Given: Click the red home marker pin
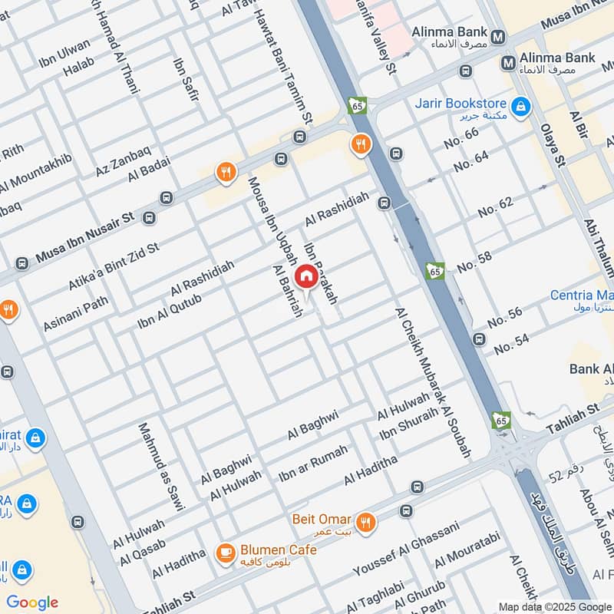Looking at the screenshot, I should click(x=305, y=277).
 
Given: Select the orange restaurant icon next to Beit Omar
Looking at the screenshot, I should click(x=366, y=522).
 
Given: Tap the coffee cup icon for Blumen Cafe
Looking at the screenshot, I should click(x=225, y=553).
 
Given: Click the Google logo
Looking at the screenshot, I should click(x=32, y=602).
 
